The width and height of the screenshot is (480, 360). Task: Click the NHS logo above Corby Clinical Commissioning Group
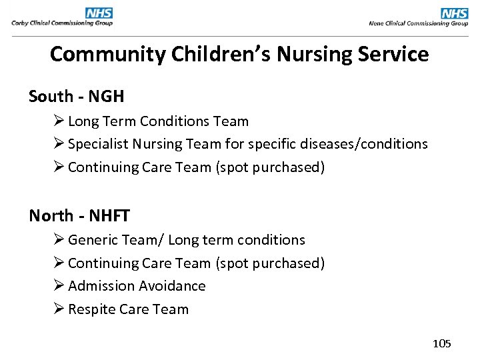[99, 13]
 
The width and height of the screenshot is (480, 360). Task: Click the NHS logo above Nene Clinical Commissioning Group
[455, 13]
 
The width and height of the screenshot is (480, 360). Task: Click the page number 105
[442, 343]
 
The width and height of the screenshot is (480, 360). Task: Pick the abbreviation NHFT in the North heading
[109, 216]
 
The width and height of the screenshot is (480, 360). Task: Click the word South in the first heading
[51, 97]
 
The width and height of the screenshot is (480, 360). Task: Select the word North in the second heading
[51, 216]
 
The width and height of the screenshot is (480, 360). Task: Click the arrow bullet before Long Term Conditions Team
[58, 121]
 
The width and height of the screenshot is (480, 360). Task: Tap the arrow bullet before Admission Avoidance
[58, 285]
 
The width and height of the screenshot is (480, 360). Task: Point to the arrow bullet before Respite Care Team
[58, 309]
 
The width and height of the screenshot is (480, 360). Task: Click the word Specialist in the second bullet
[98, 144]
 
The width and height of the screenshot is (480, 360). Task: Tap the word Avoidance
[173, 286]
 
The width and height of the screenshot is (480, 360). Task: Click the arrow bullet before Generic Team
[58, 239]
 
